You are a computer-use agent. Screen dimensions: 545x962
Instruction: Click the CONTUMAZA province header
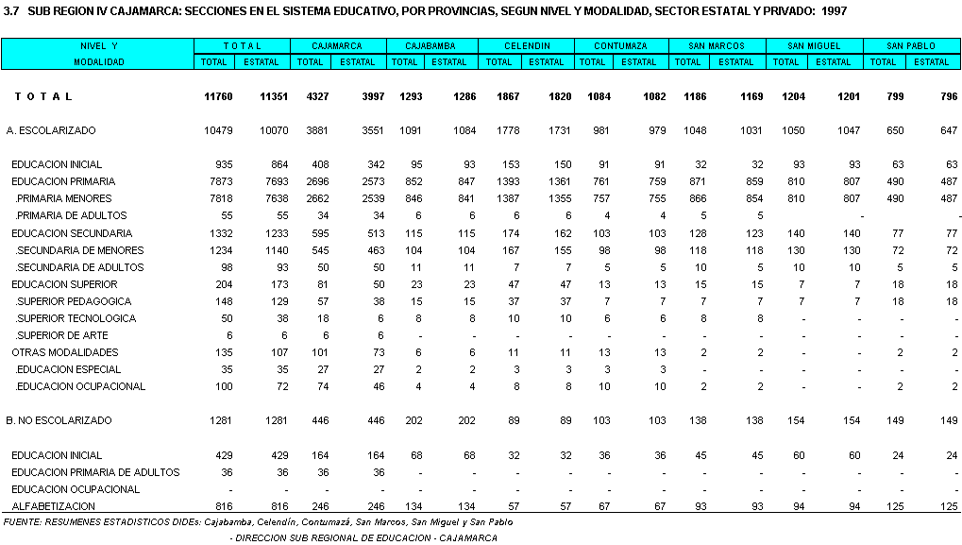point(620,45)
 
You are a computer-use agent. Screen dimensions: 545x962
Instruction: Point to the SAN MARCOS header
point(717,45)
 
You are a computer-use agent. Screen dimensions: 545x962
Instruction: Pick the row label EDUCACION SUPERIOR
point(65,284)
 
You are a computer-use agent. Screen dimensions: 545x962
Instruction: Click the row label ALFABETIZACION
point(54,506)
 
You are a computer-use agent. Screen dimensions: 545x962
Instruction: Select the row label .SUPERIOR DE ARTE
point(61,335)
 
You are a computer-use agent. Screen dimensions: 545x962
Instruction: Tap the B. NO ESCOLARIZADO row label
point(59,420)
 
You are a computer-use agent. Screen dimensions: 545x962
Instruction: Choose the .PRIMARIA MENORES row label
point(63,199)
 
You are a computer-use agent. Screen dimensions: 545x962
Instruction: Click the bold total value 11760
point(218,97)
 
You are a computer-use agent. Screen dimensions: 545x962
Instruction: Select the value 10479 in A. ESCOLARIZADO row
point(218,130)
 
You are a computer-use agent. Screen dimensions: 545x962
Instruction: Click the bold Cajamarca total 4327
point(312,97)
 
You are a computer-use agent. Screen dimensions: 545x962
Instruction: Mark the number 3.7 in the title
point(11,11)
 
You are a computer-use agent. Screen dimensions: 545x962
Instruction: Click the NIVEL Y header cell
point(98,45)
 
